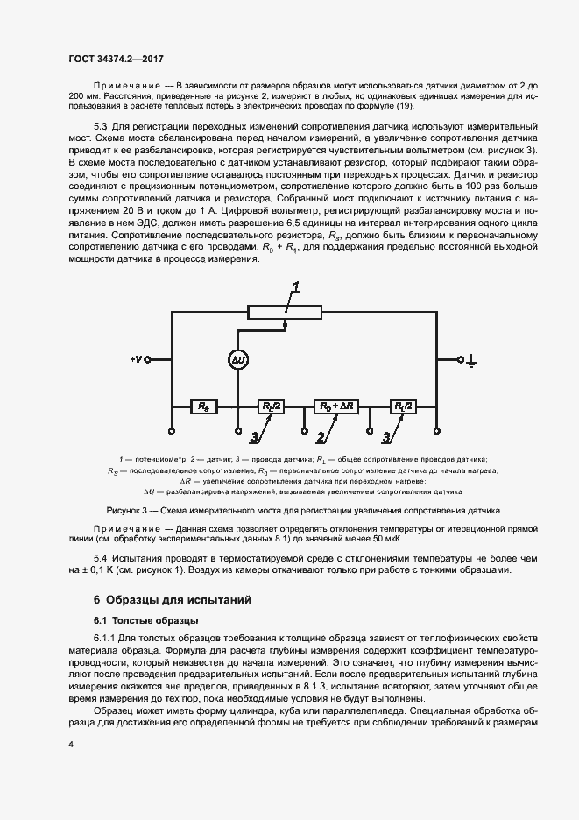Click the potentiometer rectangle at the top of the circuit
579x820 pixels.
286,311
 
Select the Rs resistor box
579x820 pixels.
204,406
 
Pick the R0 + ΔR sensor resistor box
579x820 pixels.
333,406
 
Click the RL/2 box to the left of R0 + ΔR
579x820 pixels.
270,406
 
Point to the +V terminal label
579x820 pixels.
135,359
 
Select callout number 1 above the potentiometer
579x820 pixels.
296,287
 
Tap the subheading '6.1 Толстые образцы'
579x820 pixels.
144,621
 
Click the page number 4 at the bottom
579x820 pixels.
71,744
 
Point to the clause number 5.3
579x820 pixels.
100,128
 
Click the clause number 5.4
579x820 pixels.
100,558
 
